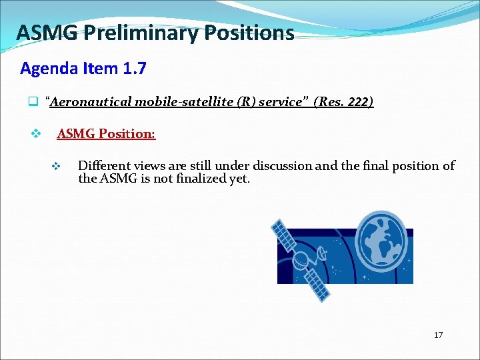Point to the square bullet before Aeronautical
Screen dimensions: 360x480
(x=31, y=103)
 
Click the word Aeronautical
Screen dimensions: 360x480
(x=91, y=102)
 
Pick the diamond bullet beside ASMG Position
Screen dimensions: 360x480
(x=37, y=134)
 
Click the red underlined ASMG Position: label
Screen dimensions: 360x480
(x=106, y=134)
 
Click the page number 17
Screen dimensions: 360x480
(x=438, y=335)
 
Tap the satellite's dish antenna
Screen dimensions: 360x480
(x=321, y=253)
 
